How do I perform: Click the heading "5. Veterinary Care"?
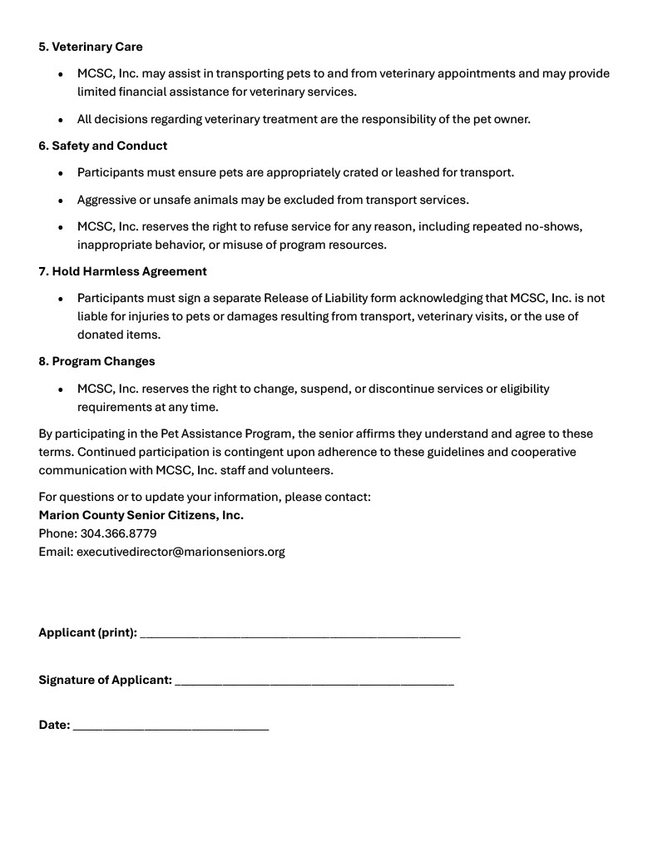tap(91, 47)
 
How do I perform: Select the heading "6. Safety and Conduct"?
tap(102, 146)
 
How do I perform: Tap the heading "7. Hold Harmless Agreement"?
tap(122, 271)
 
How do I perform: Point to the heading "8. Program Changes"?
tap(96, 361)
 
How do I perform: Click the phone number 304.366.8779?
tap(118, 533)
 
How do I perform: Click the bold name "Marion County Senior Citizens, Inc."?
tap(141, 515)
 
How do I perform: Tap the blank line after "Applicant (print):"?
tap(300, 634)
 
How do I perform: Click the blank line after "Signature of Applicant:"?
tap(314, 681)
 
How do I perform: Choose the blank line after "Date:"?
tap(171, 726)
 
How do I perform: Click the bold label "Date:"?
tap(54, 725)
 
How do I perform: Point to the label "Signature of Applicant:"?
tap(105, 680)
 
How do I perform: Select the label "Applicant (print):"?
tap(87, 632)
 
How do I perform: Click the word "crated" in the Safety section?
tap(360, 172)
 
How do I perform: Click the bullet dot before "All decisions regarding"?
tap(61, 120)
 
